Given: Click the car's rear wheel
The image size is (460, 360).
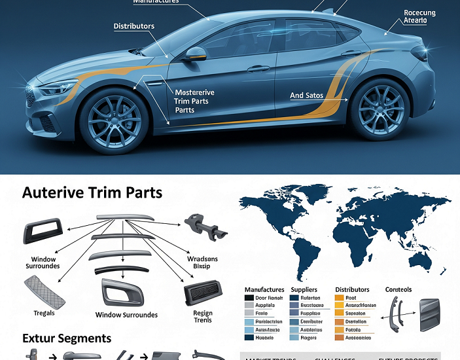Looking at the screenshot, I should pos(380,109).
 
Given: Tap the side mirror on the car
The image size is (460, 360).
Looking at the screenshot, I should pos(196,54).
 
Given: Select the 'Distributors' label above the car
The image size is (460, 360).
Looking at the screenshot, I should pos(134,27).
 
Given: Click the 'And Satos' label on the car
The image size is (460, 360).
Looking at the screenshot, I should pos(307,96).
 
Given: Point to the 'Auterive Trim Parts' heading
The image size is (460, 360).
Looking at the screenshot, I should pos(92,193).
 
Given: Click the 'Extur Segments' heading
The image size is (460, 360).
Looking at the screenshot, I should pos(67,338).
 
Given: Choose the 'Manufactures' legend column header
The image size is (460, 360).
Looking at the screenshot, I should pos(264,289).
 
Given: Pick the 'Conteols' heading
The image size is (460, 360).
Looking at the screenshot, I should pos(399,289).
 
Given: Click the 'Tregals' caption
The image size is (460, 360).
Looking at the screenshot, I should pos(44,314).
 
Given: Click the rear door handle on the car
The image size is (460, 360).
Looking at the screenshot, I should pos(351,54).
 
